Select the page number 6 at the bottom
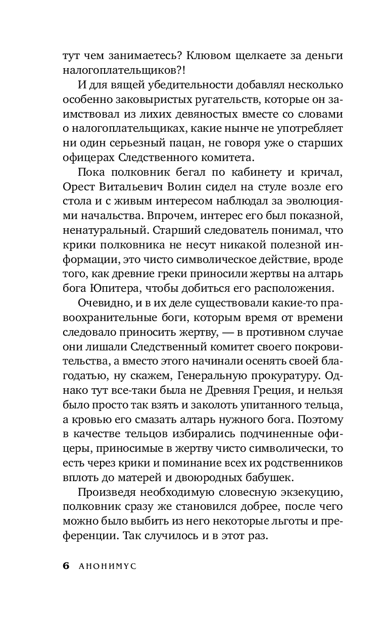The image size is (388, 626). pos(66,566)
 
